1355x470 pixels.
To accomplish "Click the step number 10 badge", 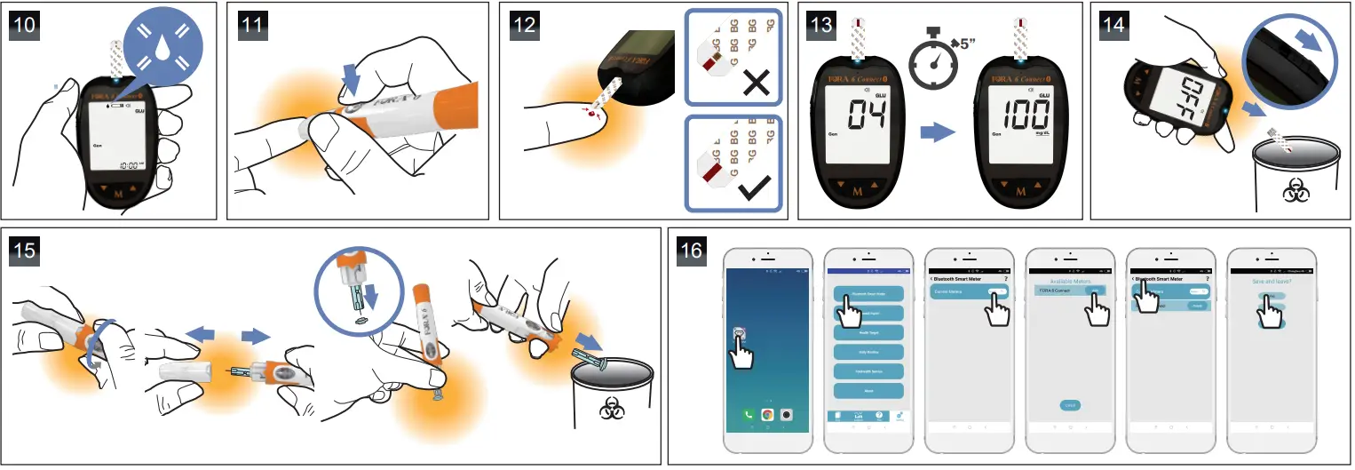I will point(26,25).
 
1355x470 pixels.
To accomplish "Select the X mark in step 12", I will point(755,84).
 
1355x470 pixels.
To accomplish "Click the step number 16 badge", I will point(690,250).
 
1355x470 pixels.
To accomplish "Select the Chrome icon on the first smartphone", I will point(765,415).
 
